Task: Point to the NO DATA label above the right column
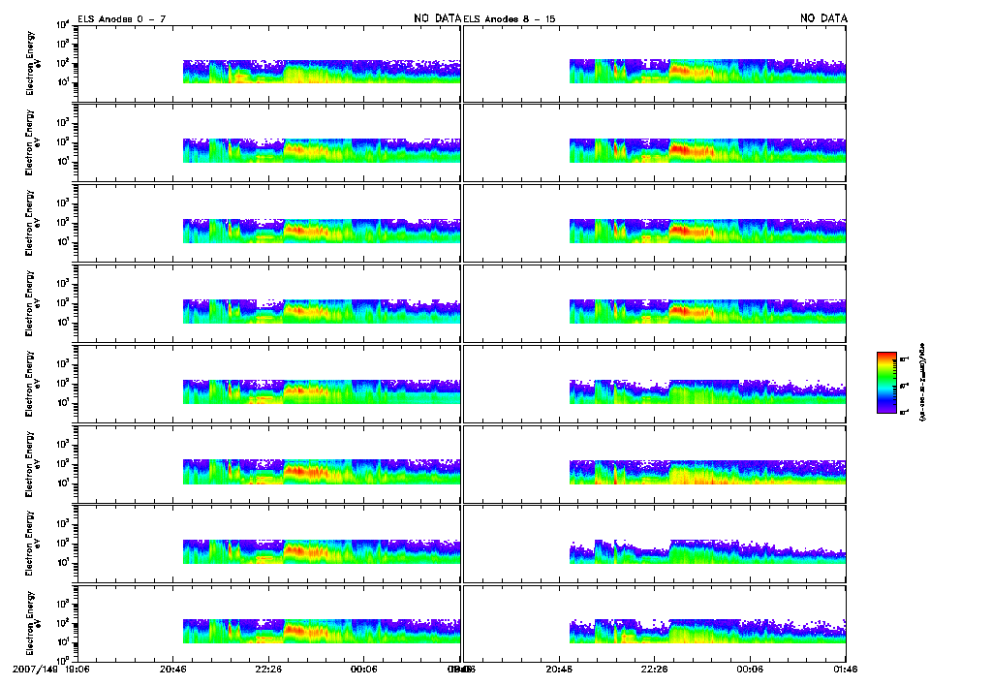[823, 18]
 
